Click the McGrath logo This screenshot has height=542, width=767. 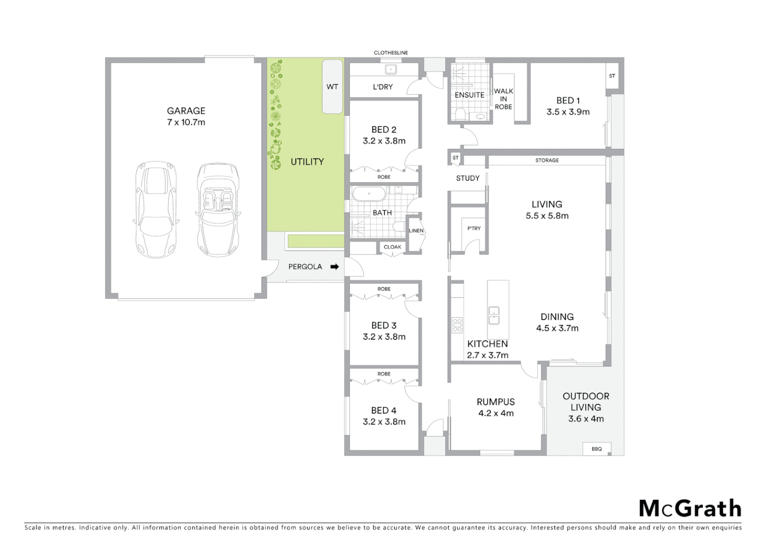coord(690,508)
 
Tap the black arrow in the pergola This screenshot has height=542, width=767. coord(334,267)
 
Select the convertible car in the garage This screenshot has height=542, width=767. coord(218,210)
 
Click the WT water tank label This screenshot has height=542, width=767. coord(332,87)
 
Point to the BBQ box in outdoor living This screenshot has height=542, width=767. coord(596,449)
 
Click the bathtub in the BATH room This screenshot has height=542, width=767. coord(369,194)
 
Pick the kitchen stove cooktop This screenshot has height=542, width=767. coord(457,325)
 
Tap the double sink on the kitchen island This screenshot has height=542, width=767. coord(494,315)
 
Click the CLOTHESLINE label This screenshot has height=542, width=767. coord(391,53)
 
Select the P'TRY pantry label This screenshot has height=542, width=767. coord(474,228)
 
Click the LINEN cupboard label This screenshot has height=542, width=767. coord(416,231)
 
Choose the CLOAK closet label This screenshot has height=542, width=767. coord(392,247)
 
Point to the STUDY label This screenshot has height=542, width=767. coord(467,178)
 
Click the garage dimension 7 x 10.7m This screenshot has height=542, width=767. coord(186,122)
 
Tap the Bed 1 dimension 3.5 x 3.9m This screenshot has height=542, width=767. coord(568,112)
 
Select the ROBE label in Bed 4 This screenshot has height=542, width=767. coord(384,374)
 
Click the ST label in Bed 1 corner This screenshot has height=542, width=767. coord(612,76)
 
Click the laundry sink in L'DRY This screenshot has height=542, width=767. coord(391,69)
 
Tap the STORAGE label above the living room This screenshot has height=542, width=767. coord(547,161)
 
